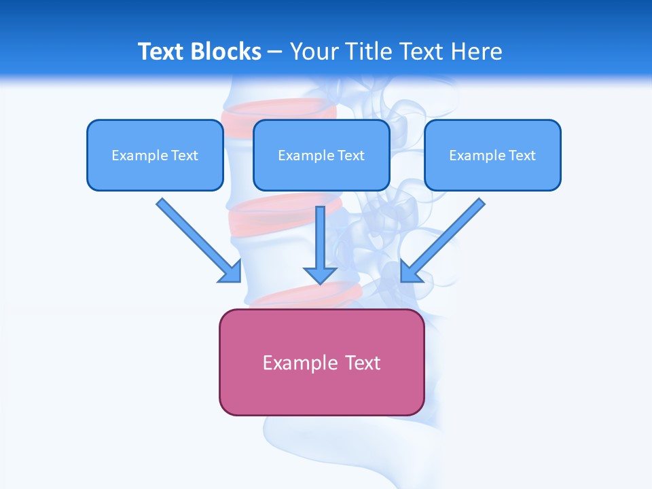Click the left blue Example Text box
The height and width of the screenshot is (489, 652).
click(155, 155)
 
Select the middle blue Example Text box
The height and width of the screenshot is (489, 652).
click(321, 155)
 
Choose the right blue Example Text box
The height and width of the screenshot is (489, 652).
click(492, 155)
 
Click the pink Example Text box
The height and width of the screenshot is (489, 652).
click(321, 362)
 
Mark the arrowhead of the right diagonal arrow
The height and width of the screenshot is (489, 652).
click(410, 272)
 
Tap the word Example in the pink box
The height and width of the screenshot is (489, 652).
click(300, 363)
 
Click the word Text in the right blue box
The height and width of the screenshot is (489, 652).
click(522, 156)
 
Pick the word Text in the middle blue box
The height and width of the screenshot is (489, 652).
click(350, 156)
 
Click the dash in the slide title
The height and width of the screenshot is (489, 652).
click(275, 52)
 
